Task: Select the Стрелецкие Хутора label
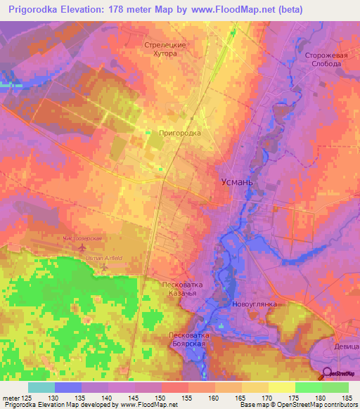tap(165, 48)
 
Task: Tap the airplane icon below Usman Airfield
tap(105, 267)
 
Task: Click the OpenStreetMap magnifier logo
tap(328, 373)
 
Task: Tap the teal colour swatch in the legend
tap(41, 387)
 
